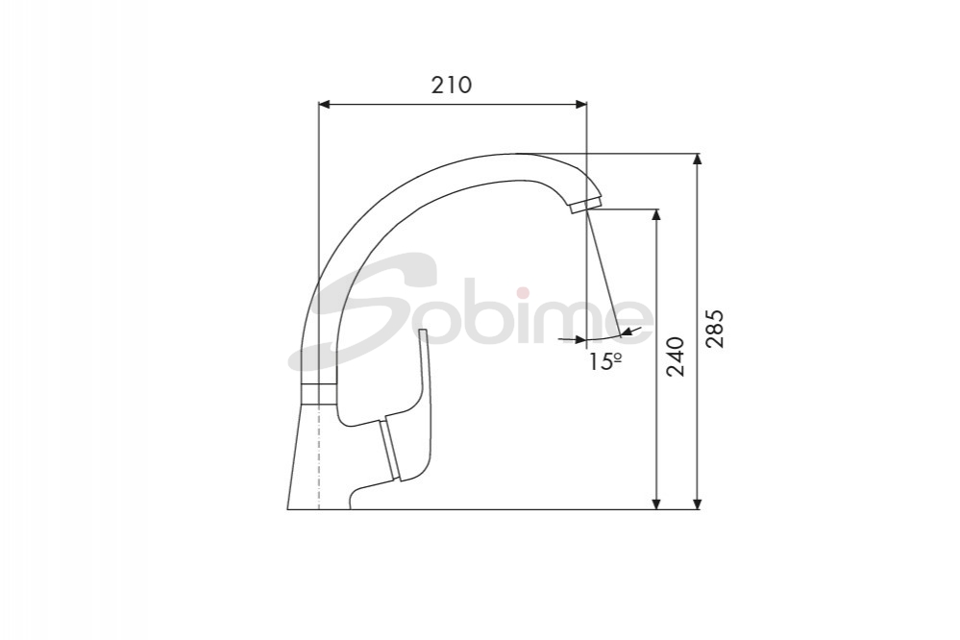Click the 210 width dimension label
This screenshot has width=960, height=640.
(x=452, y=86)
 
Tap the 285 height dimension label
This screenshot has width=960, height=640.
(x=715, y=329)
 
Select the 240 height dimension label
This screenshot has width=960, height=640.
(x=676, y=357)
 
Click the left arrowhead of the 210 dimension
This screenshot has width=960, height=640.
(x=326, y=105)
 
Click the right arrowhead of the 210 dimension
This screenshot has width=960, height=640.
(x=579, y=105)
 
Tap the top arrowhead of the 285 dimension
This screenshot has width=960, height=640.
(x=697, y=160)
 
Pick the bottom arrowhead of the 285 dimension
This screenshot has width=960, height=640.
(x=697, y=503)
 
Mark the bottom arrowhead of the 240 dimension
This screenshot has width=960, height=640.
(x=656, y=503)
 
